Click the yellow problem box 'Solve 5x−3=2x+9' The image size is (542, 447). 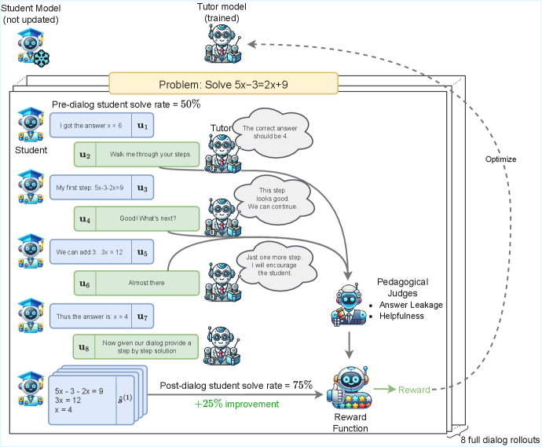[x=223, y=84]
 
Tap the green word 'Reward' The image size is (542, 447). [x=414, y=390]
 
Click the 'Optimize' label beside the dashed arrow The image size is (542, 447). [x=501, y=159]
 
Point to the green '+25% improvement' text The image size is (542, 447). [x=236, y=405]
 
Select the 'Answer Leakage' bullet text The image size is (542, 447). [x=410, y=304]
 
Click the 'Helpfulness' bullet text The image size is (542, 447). [x=402, y=316]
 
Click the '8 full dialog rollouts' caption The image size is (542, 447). [x=499, y=438]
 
